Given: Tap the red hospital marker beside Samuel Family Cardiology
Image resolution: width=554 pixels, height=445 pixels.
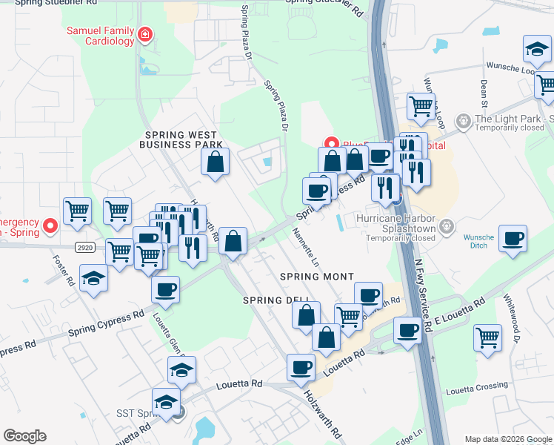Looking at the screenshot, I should coord(145,34).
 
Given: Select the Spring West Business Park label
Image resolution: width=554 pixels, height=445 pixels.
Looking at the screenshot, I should coord(181,139).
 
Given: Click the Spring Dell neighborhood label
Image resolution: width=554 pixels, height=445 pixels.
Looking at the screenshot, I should coord(270,300).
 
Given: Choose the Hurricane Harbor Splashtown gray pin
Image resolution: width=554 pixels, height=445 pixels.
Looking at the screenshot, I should coord(447,225).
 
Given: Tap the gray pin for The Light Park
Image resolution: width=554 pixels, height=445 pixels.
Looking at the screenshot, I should coord(464,120).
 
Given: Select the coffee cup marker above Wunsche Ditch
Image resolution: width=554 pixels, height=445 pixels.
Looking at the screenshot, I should coord(513,239).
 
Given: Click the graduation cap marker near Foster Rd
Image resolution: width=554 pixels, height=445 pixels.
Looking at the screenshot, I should coord(94,279).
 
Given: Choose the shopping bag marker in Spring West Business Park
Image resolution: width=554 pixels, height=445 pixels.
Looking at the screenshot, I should coord(215,162).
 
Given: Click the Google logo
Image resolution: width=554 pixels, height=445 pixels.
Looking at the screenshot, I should coord(24,436).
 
